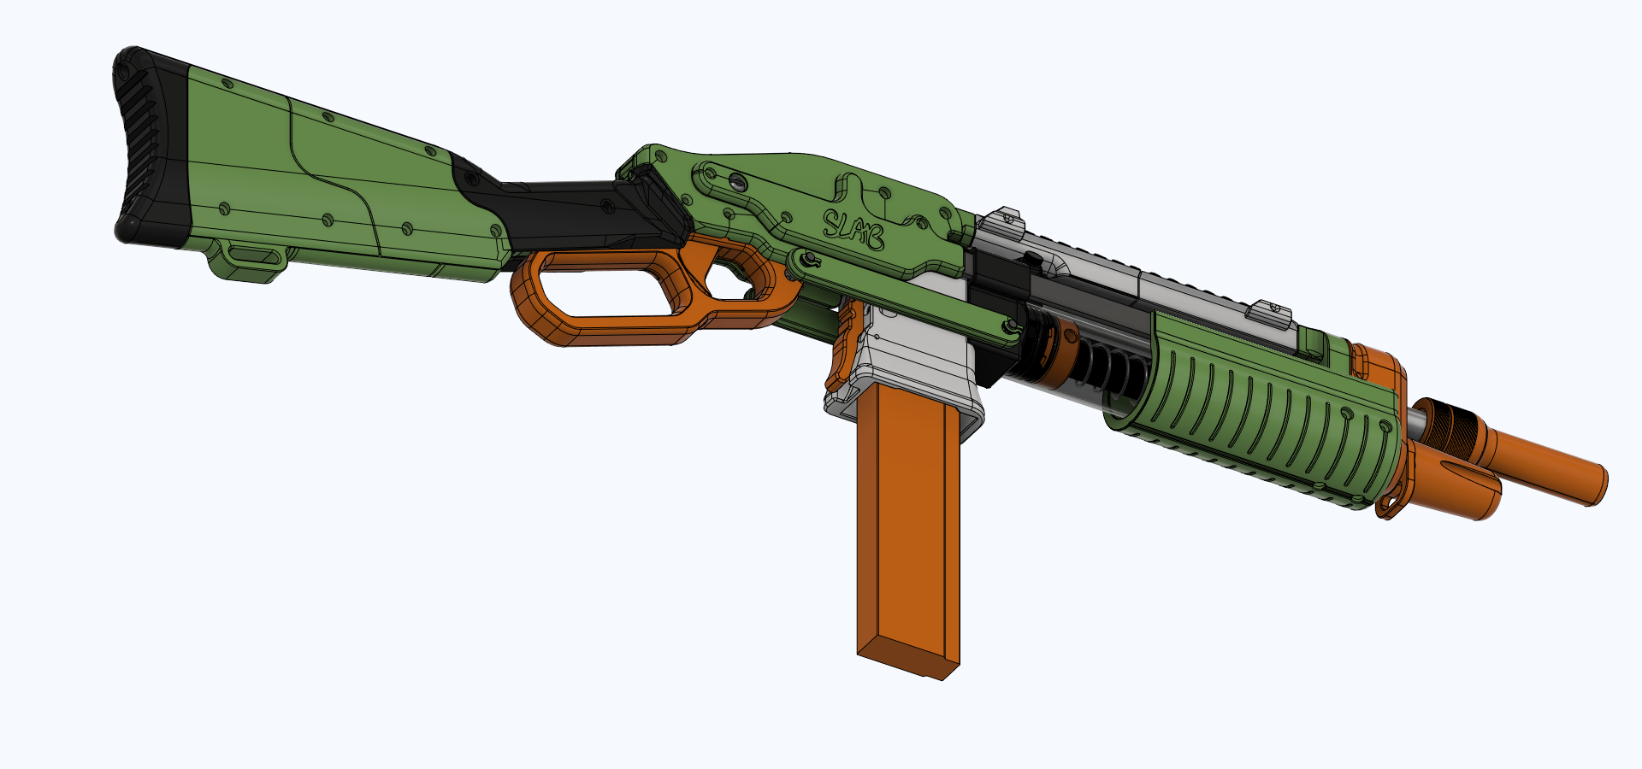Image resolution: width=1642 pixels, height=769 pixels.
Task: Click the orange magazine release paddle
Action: click(x=842, y=346)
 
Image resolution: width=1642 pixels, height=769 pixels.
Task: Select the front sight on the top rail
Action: click(x=1271, y=313)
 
